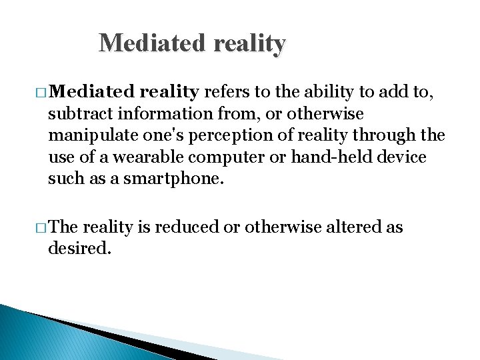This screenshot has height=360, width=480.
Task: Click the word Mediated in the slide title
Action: coord(152,43)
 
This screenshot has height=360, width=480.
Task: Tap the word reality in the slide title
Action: coord(249,43)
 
